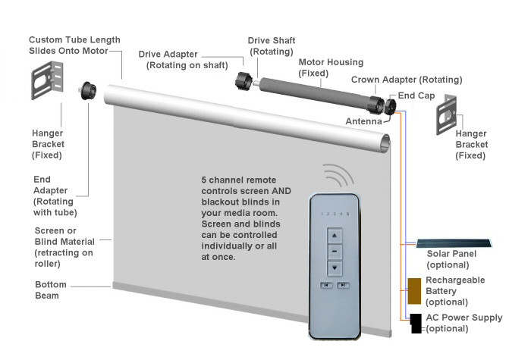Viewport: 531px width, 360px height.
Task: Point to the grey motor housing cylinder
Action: click(x=316, y=92)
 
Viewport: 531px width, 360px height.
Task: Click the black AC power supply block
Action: click(x=416, y=324)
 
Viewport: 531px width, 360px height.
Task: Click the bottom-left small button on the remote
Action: click(x=326, y=286)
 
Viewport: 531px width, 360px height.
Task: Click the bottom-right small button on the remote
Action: click(x=345, y=286)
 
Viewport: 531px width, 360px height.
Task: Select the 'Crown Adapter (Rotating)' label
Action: click(x=407, y=80)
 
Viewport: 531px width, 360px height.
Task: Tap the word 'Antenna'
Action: click(x=363, y=121)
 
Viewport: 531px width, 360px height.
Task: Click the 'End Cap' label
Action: click(x=416, y=95)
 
